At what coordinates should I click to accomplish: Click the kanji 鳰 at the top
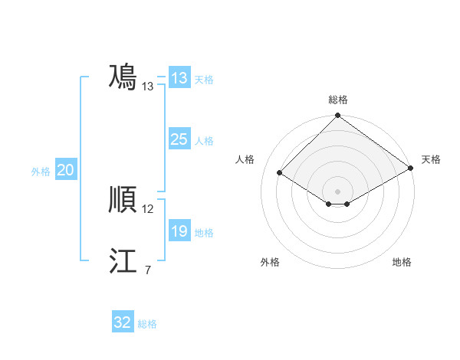(x=123, y=77)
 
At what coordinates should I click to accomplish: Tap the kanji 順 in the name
(x=123, y=201)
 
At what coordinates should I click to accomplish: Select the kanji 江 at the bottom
(x=123, y=262)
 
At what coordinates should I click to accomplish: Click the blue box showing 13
(x=179, y=78)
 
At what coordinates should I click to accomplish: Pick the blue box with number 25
(x=179, y=139)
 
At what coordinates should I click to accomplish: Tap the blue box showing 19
(x=179, y=231)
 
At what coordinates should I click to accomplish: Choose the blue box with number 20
(x=65, y=170)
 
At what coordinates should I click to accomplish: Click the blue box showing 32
(x=122, y=322)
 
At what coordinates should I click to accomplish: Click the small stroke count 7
(x=147, y=270)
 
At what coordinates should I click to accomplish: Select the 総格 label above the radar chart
(x=338, y=100)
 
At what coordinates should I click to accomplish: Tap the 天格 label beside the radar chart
(x=431, y=159)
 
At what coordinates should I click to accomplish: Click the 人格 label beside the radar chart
(x=245, y=159)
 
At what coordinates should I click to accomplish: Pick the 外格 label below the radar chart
(x=270, y=262)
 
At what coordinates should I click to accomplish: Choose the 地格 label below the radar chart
(x=402, y=262)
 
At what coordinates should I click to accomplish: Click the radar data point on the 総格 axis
(x=338, y=116)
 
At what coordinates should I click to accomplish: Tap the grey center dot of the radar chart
(x=338, y=191)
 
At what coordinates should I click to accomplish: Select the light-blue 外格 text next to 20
(x=41, y=172)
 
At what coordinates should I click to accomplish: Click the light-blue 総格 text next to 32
(x=147, y=324)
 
